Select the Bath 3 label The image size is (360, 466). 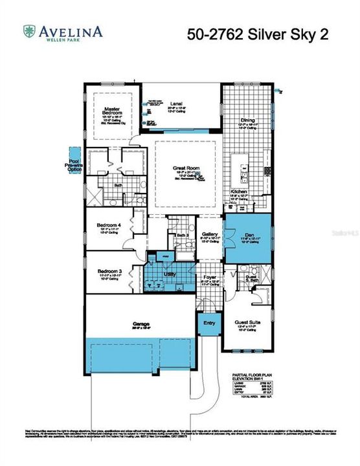pyautogui.click(x=183, y=235)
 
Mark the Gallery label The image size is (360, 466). pyautogui.click(x=209, y=234)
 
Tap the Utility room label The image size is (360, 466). pyautogui.click(x=170, y=274)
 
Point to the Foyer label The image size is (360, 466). pyautogui.click(x=209, y=278)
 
